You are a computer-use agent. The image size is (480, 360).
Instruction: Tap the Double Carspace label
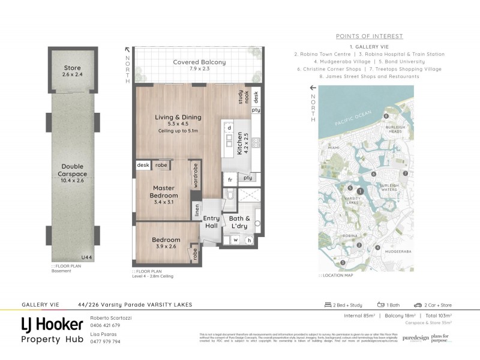coord(72,170)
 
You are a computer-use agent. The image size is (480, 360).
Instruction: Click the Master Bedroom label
coord(164,191)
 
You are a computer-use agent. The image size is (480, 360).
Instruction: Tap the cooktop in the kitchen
coord(255,143)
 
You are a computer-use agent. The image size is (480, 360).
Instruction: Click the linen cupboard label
coord(196,211)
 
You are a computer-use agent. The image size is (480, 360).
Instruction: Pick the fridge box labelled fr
coord(230,179)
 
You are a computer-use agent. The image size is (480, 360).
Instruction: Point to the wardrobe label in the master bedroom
coord(196,176)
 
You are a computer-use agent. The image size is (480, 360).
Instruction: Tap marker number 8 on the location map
coord(386,116)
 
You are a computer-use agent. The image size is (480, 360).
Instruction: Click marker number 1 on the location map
coord(359,191)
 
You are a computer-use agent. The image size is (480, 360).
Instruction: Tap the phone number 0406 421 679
coord(105,325)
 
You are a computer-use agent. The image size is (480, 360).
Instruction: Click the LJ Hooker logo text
coord(52,325)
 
